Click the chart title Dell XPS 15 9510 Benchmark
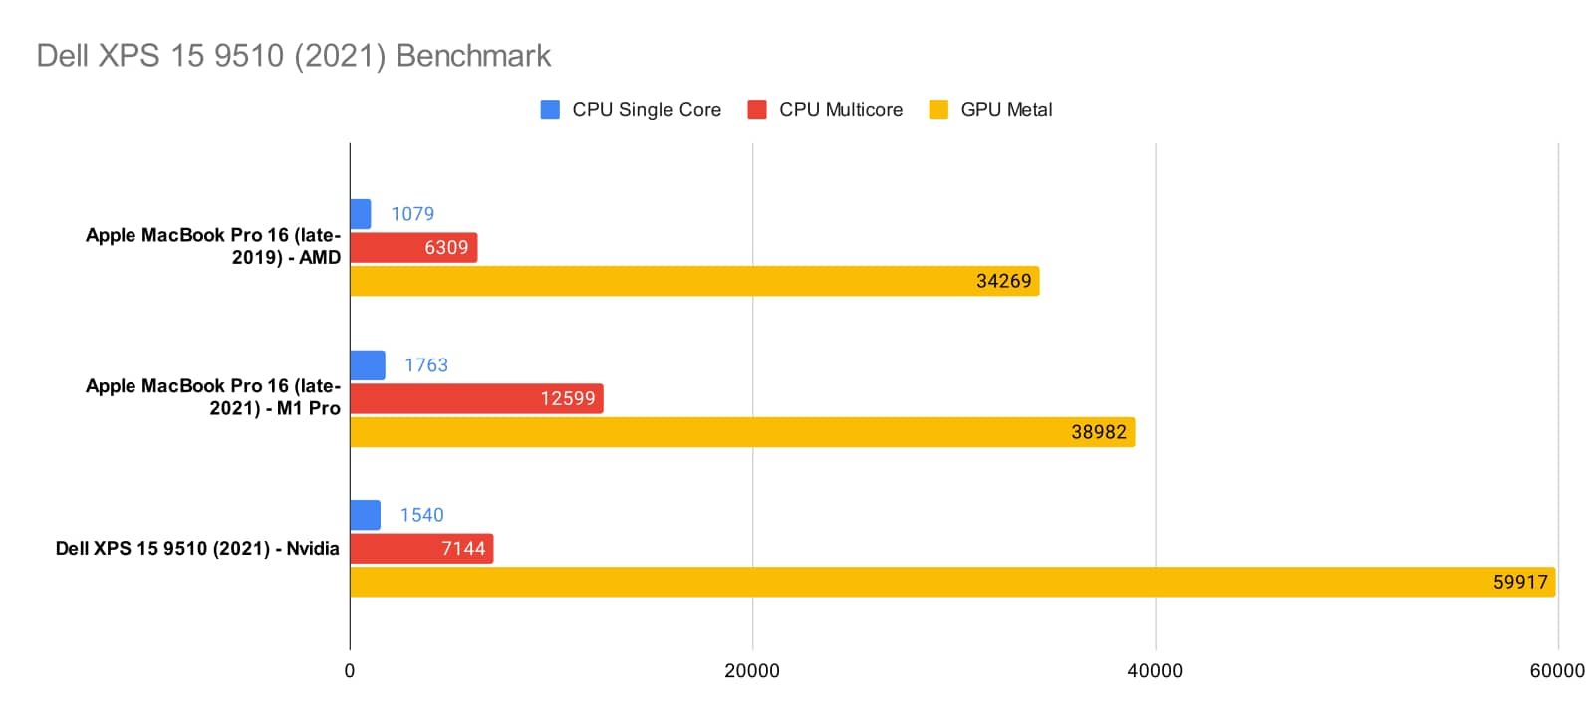point(293,56)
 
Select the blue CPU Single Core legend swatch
point(550,110)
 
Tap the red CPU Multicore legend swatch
point(757,110)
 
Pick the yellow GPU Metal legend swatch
point(938,110)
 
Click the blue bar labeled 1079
point(361,214)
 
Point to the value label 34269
point(1003,281)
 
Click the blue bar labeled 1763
point(368,365)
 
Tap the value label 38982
point(1098,432)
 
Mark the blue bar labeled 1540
point(365,515)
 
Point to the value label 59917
point(1519,582)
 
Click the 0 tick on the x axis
point(350,671)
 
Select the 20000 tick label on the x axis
point(752,671)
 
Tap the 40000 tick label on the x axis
point(1155,671)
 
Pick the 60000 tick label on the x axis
point(1557,671)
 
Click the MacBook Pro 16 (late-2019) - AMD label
point(213,246)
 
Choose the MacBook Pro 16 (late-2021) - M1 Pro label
point(213,397)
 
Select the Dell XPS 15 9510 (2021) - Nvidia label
point(197,549)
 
